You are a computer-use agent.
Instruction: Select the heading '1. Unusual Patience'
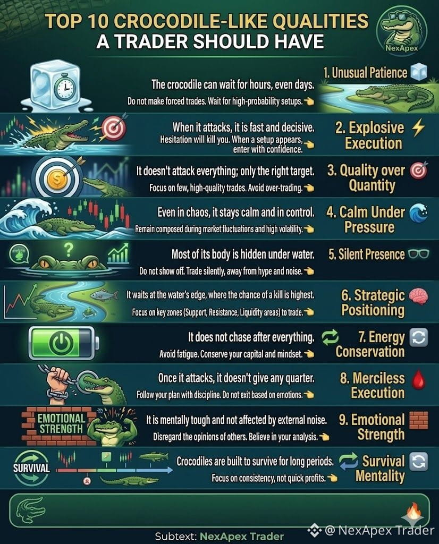point(365,73)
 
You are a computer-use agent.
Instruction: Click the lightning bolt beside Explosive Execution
point(418,127)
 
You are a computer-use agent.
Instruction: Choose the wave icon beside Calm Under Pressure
point(418,212)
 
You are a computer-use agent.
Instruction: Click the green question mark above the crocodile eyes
point(69,249)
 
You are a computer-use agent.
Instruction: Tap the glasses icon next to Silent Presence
point(418,254)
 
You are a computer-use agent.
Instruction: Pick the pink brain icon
point(418,296)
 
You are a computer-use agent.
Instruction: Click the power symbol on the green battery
point(61,343)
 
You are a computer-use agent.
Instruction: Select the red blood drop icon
point(418,379)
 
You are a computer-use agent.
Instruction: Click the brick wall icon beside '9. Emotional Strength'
point(418,421)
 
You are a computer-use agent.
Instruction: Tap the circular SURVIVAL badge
point(31,467)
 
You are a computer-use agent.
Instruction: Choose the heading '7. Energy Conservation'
point(370,344)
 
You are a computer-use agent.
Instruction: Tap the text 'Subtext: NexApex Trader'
point(219,537)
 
